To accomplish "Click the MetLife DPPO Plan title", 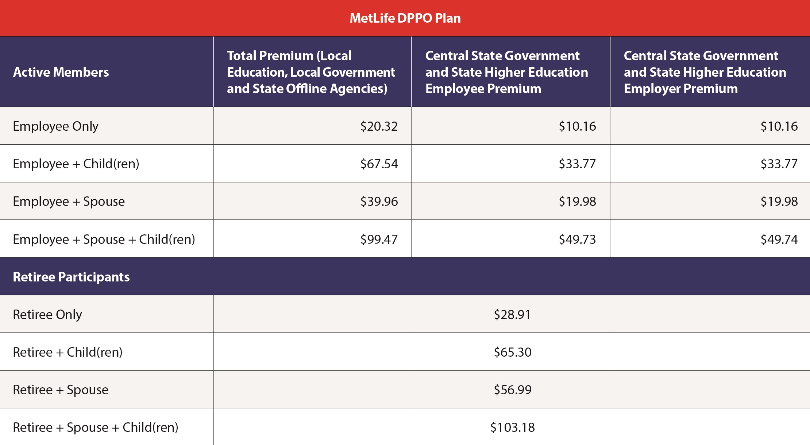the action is tap(405, 18).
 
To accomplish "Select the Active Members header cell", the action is tap(61, 72).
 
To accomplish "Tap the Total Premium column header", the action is tap(311, 72).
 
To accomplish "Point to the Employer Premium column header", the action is tap(705, 72).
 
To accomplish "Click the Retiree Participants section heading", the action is tap(71, 277).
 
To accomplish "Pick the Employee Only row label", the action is tap(55, 126).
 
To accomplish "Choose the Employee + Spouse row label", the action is tap(69, 202).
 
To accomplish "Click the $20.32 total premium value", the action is tap(379, 126).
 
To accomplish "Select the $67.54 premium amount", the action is tap(379, 164).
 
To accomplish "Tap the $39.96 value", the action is tap(379, 202).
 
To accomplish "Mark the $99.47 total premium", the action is tap(379, 239).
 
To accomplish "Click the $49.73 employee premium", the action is tap(577, 239).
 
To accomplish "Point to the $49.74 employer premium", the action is tap(779, 239).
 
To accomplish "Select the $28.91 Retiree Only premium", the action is tap(512, 315).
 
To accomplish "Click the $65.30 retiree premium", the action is tap(513, 352).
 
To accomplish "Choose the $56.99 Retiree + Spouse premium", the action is tap(513, 390).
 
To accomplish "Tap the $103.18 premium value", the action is tap(513, 427).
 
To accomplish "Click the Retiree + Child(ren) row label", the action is tap(67, 352).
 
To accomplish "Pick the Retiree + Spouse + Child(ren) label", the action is tap(96, 427).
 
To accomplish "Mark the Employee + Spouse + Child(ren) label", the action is tap(104, 239).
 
